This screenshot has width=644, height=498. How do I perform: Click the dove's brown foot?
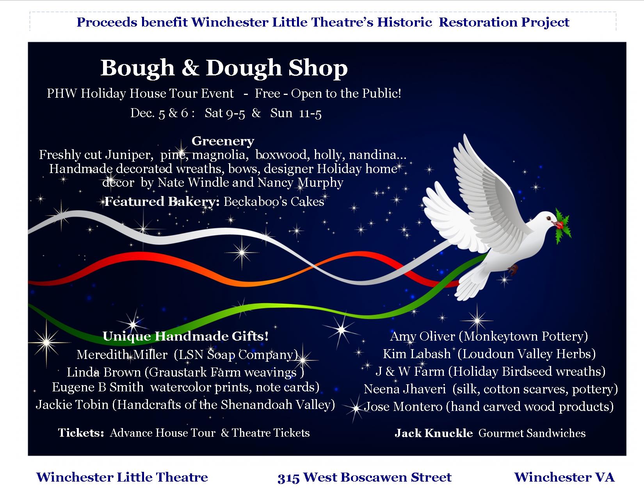click(513, 269)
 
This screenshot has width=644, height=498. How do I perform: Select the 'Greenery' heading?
click(223, 141)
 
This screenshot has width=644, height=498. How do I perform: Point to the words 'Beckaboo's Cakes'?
click(274, 202)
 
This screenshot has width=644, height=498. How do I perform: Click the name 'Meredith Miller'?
click(122, 355)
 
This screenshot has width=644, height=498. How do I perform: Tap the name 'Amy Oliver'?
click(422, 337)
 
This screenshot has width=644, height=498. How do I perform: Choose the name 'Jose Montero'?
click(403, 407)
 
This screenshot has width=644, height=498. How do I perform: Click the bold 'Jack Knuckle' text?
click(434, 433)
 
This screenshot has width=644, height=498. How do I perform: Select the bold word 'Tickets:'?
click(81, 433)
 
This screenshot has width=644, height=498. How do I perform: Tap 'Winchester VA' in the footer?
click(564, 477)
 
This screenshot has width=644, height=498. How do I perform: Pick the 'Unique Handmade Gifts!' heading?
click(185, 336)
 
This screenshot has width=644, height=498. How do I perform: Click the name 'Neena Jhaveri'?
click(405, 389)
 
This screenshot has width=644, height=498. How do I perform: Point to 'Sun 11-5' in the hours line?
click(296, 113)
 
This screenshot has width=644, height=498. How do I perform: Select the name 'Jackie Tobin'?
click(72, 405)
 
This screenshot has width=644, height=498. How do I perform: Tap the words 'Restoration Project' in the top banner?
click(504, 23)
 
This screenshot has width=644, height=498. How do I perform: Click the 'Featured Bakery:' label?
click(162, 202)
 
